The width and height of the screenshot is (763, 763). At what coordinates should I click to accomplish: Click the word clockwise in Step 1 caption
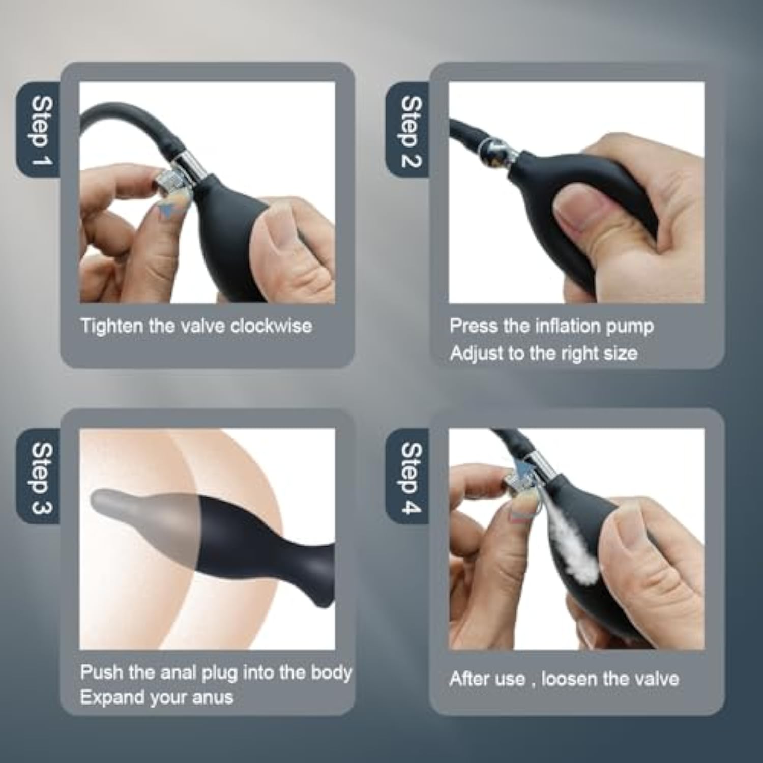(271, 326)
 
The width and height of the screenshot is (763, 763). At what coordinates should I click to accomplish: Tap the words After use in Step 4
(487, 679)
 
